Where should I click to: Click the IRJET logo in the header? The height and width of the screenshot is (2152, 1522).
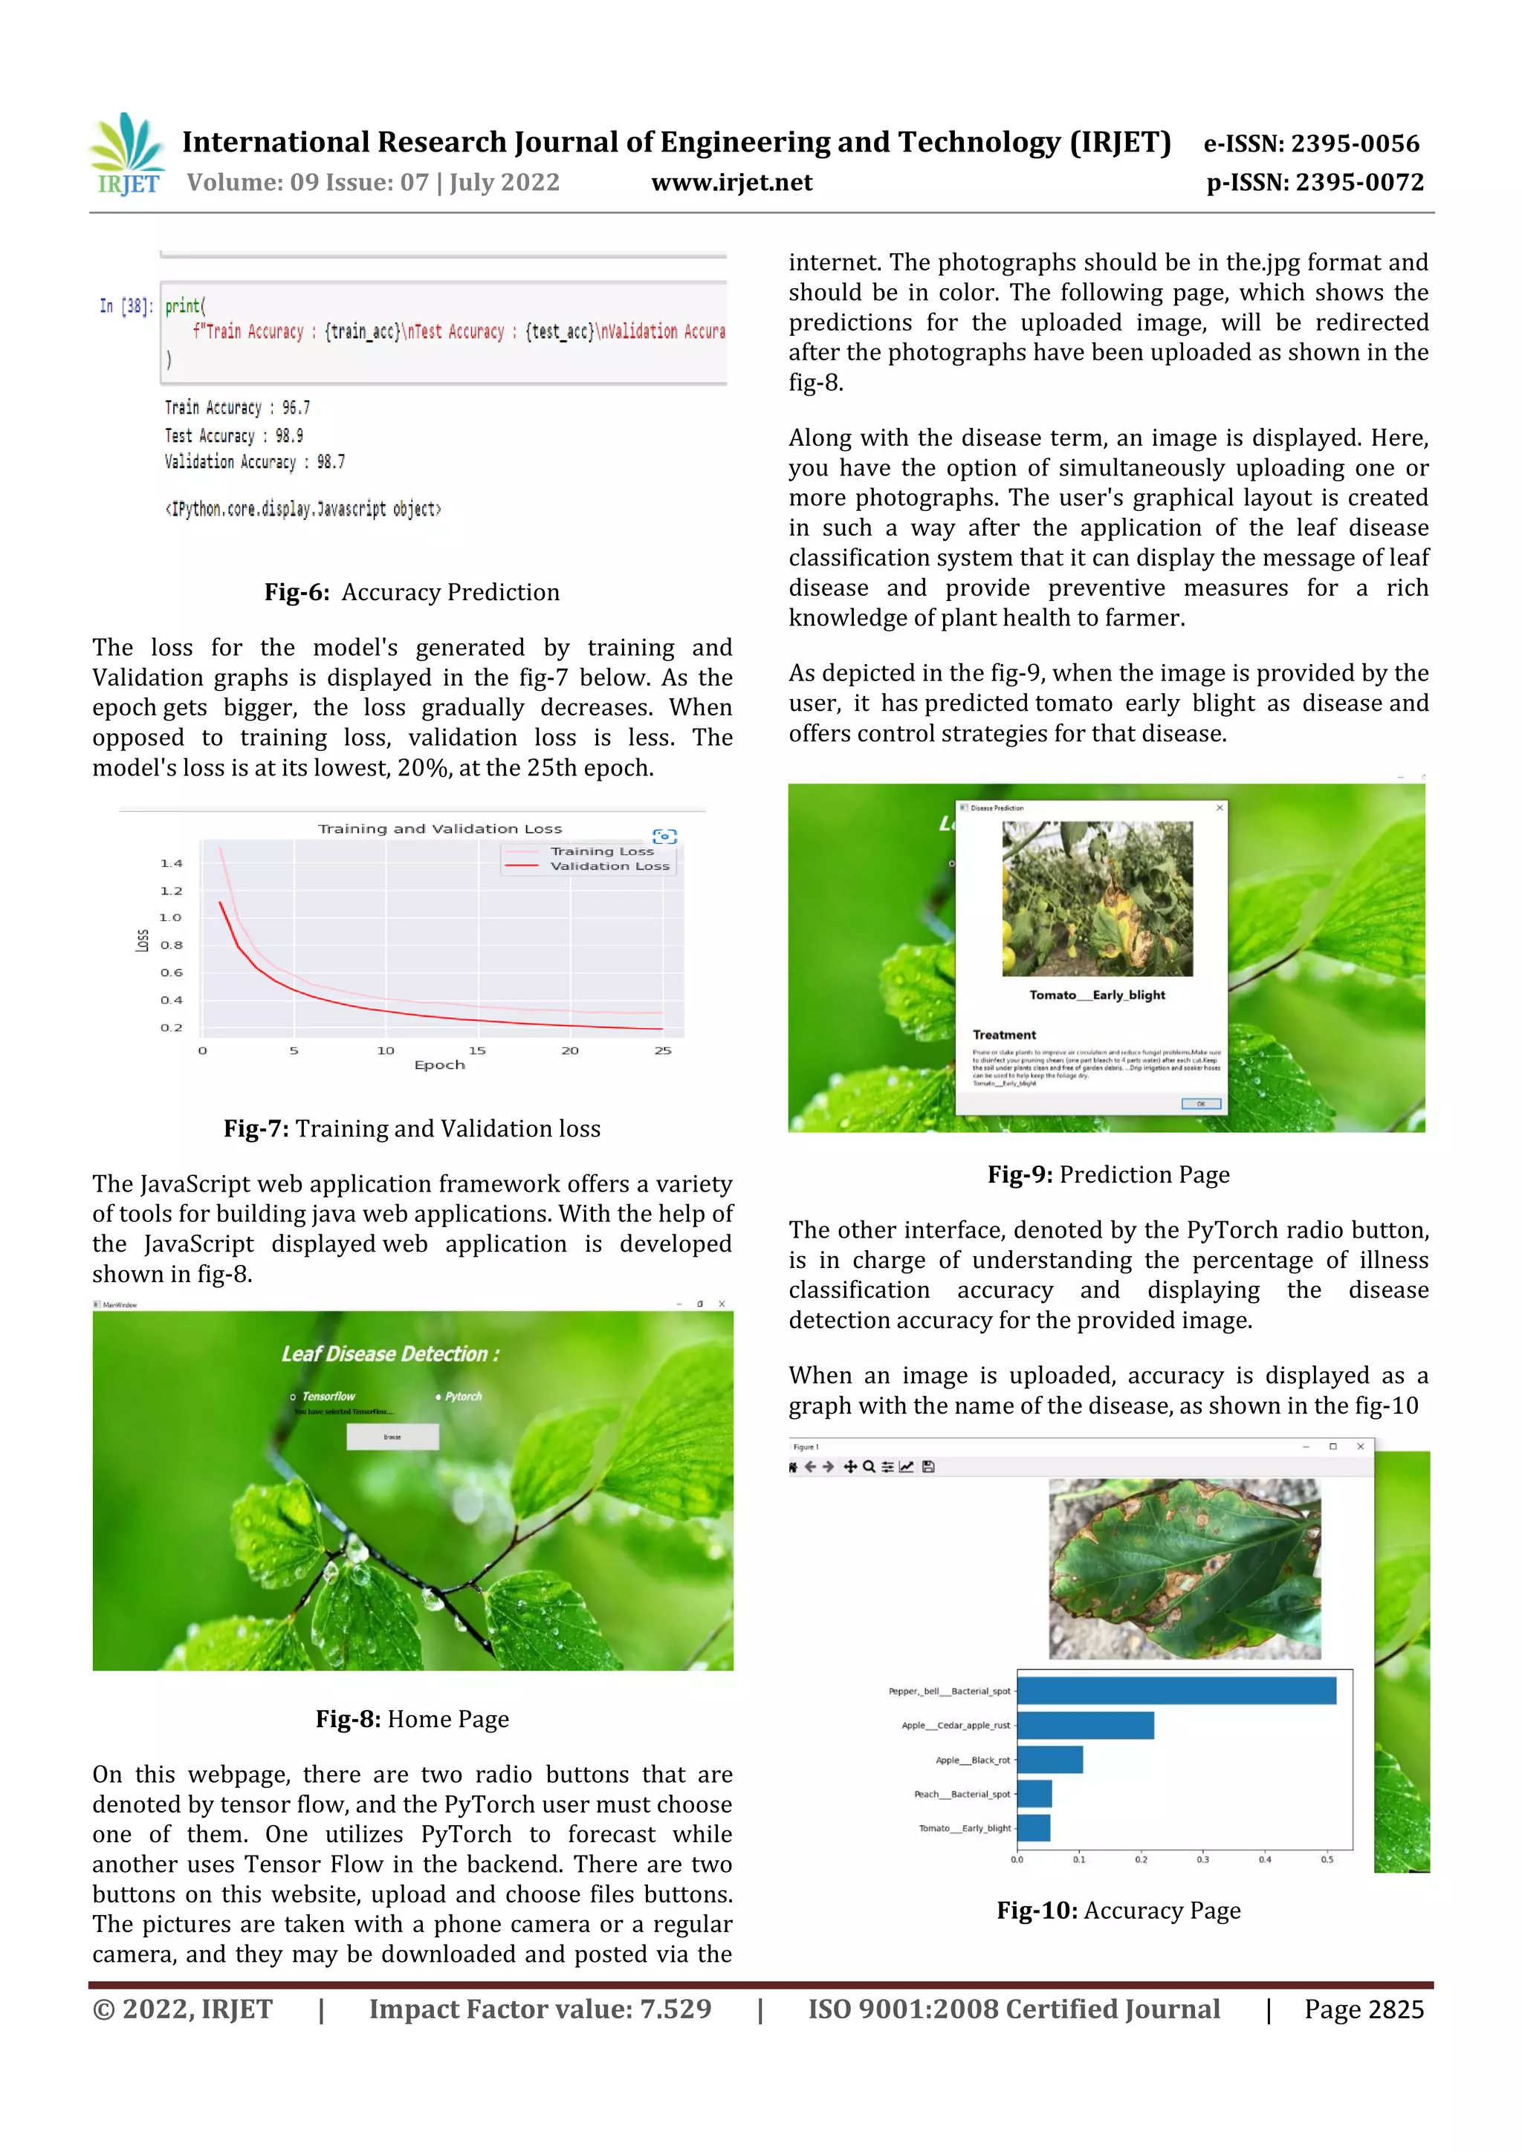point(129,155)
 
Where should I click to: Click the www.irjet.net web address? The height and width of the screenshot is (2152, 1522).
point(731,183)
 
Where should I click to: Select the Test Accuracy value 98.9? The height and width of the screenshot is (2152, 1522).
point(289,436)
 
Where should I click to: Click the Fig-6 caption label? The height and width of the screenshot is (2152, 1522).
point(297,592)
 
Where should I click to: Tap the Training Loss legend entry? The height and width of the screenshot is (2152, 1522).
point(601,851)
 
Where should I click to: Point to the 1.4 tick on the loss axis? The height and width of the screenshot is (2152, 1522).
point(171,863)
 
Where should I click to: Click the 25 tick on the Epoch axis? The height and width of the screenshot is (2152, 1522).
point(662,1050)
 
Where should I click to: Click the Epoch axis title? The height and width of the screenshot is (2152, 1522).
point(439,1064)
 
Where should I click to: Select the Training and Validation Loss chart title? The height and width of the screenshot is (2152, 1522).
point(440,828)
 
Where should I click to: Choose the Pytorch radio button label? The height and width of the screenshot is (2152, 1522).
point(463,1397)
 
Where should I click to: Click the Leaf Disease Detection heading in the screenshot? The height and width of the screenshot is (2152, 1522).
point(390,1353)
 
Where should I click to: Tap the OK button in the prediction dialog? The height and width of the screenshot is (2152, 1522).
point(1200,1103)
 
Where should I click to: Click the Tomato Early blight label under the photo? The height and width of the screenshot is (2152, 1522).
point(1097,995)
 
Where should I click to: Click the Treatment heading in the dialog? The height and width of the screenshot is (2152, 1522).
point(1003,1035)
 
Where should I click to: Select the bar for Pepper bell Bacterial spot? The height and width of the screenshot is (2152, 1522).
point(1176,1691)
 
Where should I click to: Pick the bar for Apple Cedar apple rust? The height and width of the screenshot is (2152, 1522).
point(1085,1725)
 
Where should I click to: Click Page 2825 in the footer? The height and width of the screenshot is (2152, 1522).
point(1364,2009)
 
